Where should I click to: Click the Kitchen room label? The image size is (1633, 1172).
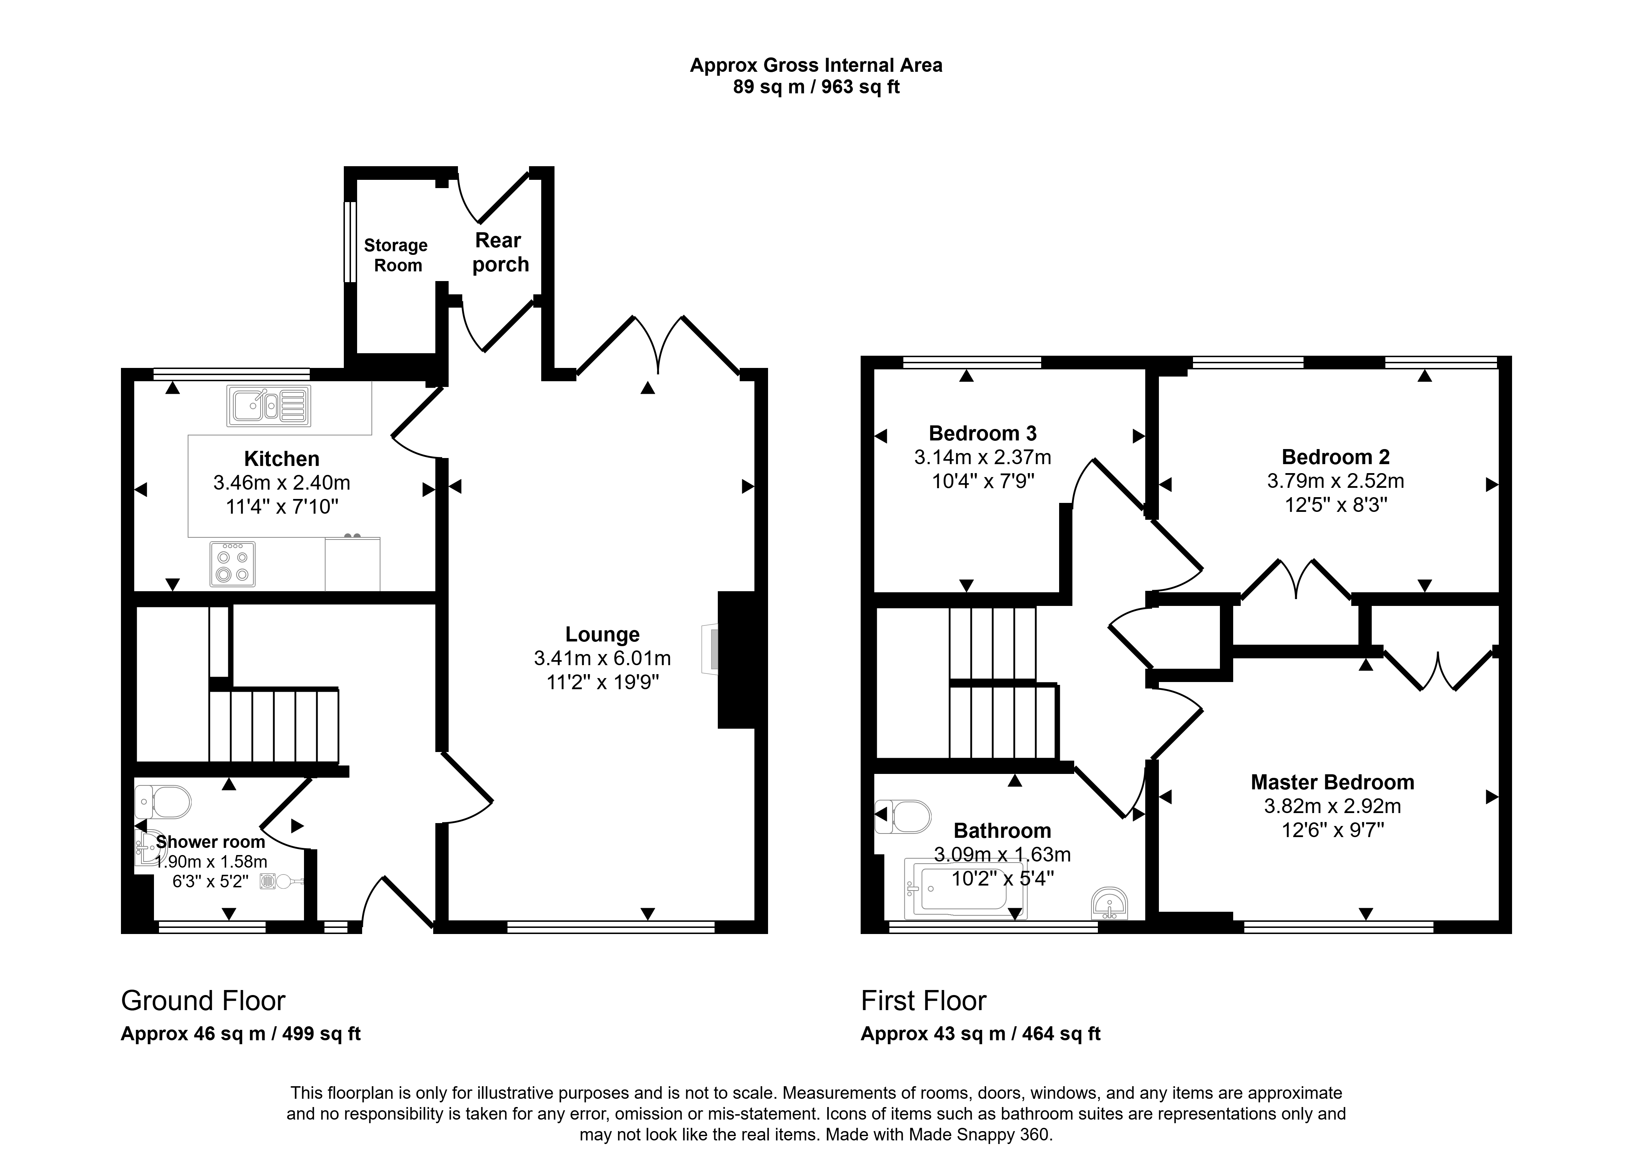coord(281,459)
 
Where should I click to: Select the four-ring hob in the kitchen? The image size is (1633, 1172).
coord(233,564)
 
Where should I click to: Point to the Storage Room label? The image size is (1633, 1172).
coord(396,255)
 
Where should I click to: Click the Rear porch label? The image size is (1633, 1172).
coord(500,252)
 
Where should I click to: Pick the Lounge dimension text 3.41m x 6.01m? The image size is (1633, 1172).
coord(603,658)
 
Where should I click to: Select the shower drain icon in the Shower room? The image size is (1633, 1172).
coord(268,880)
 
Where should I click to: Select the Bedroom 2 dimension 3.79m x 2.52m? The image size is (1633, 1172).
coord(1335,481)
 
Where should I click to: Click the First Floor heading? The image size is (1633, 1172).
coord(924,1000)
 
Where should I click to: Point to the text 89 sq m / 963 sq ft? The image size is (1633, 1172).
coord(816,87)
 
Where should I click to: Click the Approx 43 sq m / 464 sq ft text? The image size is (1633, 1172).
coord(981,1034)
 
